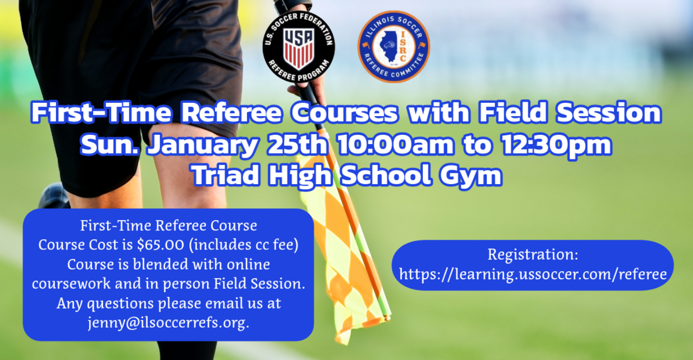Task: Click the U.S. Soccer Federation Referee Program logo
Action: (x=298, y=47)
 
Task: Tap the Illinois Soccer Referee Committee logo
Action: (x=394, y=47)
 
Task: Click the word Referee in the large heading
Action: (x=231, y=113)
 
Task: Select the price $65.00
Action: (x=161, y=245)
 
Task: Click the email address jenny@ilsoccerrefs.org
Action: (x=168, y=323)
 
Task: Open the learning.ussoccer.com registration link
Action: (x=533, y=274)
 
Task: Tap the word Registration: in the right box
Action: (x=533, y=254)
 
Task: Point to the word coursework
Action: (x=71, y=284)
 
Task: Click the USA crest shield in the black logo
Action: (x=299, y=48)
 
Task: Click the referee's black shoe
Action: (x=53, y=195)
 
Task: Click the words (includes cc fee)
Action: (x=244, y=245)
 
